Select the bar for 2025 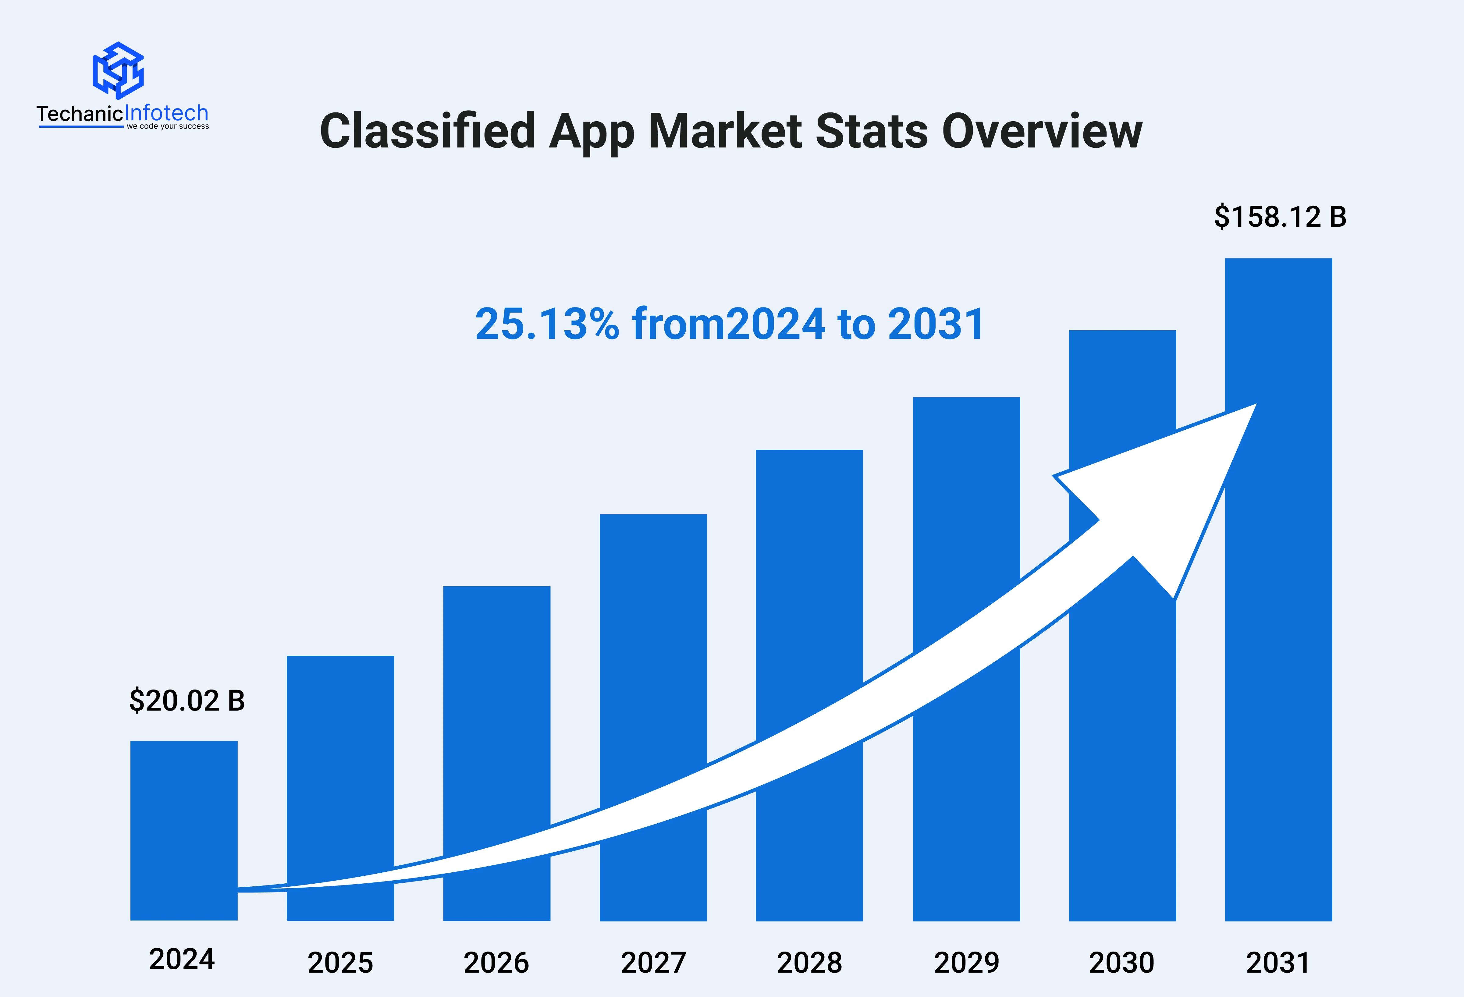click(340, 756)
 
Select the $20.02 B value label click(187, 700)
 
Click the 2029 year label click(966, 962)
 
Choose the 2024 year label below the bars click(182, 959)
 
